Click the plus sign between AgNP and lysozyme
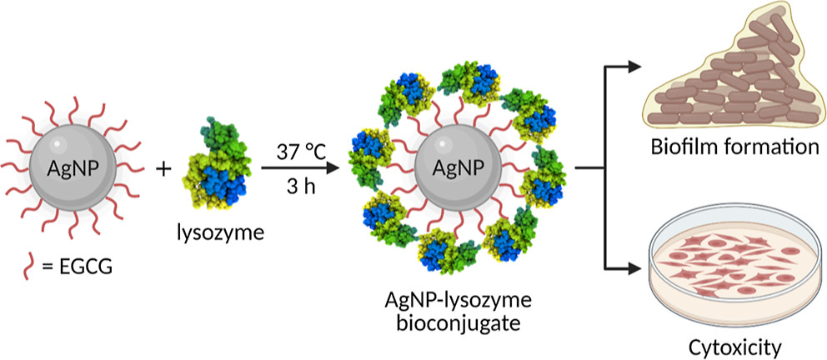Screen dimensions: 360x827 (x=163, y=168)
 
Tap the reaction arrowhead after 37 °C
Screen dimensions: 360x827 (x=338, y=169)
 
